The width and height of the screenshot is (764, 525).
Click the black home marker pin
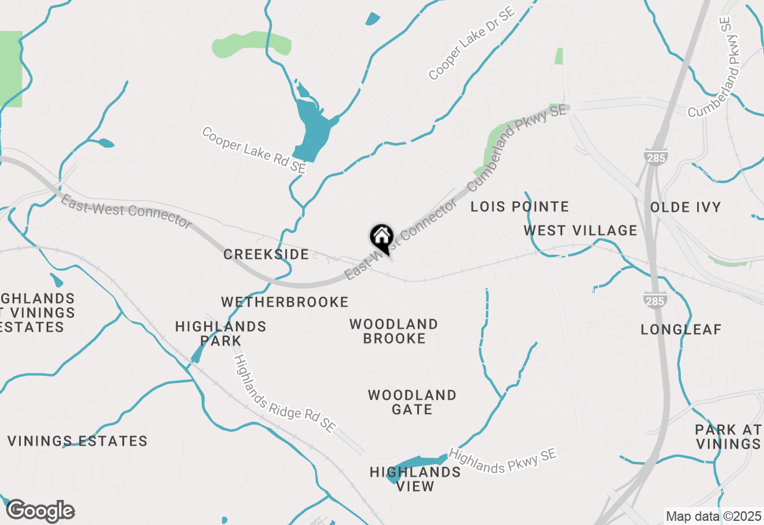pos(381,238)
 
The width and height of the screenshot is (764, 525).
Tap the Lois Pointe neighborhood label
pos(519,207)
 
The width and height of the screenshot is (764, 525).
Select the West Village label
pos(581,230)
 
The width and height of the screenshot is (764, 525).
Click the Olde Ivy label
pos(685,208)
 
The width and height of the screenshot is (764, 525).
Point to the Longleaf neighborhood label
pos(681,329)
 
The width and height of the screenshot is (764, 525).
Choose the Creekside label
pos(266,255)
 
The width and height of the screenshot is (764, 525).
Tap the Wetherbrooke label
pos(285,302)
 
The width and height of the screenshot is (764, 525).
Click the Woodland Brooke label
pos(394,331)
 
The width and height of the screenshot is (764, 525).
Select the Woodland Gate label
pos(412,402)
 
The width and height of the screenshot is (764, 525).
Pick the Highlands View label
pos(415,479)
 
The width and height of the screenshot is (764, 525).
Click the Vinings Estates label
pos(78,441)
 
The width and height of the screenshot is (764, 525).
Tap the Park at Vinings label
pos(728,437)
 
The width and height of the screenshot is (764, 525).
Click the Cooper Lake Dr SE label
pos(472,45)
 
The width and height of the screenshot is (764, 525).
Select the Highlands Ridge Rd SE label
pos(285,394)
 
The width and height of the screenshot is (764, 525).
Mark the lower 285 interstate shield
pos(655,301)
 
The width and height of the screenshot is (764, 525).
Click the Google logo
pos(40,511)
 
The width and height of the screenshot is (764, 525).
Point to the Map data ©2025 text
pos(713,516)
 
